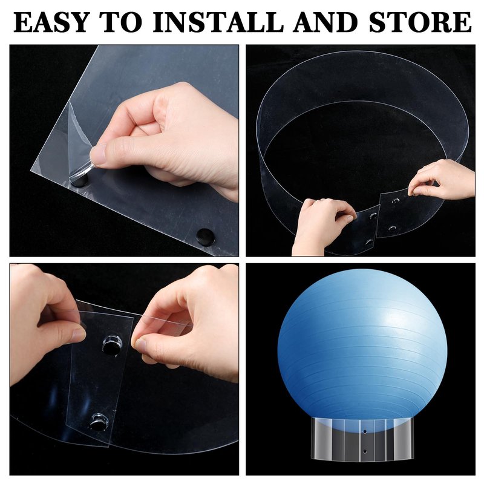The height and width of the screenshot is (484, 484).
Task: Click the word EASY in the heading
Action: click(x=51, y=22)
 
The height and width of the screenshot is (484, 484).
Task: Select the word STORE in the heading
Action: click(x=420, y=22)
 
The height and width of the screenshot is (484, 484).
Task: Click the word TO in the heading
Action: click(x=122, y=22)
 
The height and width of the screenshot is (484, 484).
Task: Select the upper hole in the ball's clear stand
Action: click(x=365, y=431)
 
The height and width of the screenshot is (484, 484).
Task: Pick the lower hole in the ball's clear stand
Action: click(x=365, y=451)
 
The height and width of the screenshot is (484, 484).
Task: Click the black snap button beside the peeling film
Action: click(x=80, y=180)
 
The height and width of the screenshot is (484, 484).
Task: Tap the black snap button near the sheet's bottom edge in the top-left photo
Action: click(x=206, y=237)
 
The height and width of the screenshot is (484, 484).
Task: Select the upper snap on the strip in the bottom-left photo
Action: click(x=112, y=344)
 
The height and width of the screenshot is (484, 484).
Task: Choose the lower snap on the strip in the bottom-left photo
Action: click(x=99, y=422)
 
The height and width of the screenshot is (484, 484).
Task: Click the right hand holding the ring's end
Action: click(x=442, y=180)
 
